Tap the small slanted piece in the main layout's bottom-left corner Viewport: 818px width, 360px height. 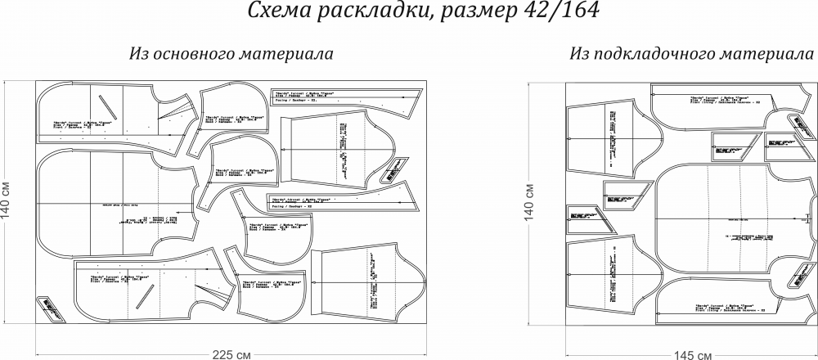point(47,309)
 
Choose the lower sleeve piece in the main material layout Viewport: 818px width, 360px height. point(360,282)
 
